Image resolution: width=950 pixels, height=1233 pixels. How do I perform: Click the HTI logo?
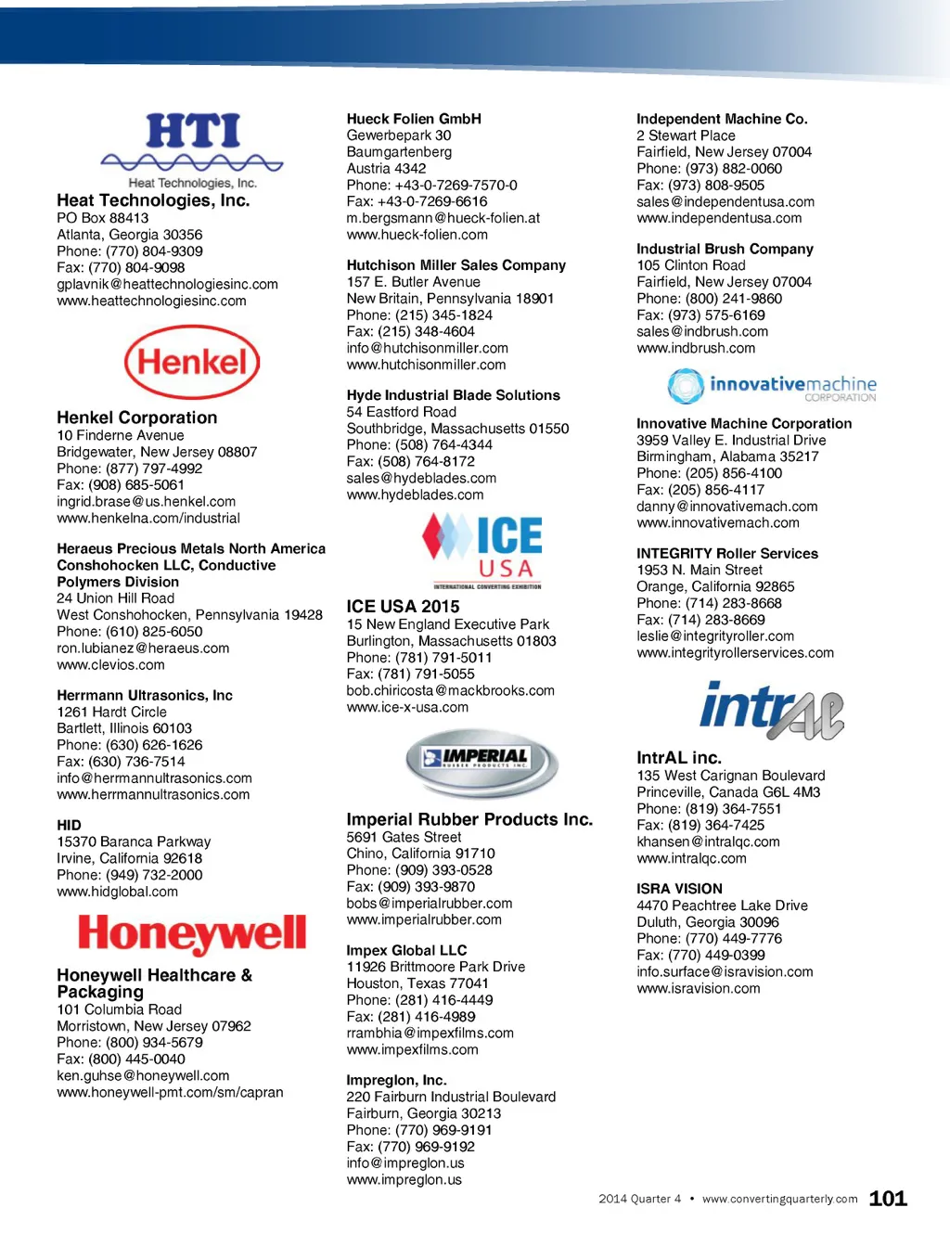[x=193, y=148]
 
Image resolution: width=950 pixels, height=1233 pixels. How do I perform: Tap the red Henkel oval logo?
[x=192, y=362]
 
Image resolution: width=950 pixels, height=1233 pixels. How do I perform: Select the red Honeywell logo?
[x=192, y=933]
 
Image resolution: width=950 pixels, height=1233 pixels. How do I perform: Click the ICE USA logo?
[x=482, y=550]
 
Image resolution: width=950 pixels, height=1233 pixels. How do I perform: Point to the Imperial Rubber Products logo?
[x=481, y=763]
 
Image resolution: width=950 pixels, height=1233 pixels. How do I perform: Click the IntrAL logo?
[x=771, y=711]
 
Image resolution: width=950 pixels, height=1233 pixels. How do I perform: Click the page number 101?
[x=887, y=1198]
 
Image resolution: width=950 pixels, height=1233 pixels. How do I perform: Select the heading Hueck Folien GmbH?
[x=414, y=119]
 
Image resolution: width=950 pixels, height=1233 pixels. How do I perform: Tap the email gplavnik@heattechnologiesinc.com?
[x=167, y=284]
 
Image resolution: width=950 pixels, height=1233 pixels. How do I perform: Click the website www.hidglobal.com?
[x=117, y=892]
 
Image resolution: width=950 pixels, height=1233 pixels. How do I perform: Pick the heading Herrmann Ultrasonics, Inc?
[x=145, y=695]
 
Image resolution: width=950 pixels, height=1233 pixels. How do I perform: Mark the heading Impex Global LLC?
[x=406, y=950]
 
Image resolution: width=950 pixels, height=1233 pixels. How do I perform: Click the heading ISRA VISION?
[x=679, y=888]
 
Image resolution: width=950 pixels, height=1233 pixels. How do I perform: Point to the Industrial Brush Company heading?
[x=725, y=249]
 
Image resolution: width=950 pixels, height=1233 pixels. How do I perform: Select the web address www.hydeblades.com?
[x=415, y=494]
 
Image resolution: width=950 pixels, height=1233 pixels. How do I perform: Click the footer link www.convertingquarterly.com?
[x=779, y=1199]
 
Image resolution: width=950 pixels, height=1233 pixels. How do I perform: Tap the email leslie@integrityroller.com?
[x=715, y=636]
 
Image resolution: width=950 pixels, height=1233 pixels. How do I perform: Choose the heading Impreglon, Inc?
[x=396, y=1080]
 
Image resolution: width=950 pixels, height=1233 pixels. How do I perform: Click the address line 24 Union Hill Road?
[x=115, y=598]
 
